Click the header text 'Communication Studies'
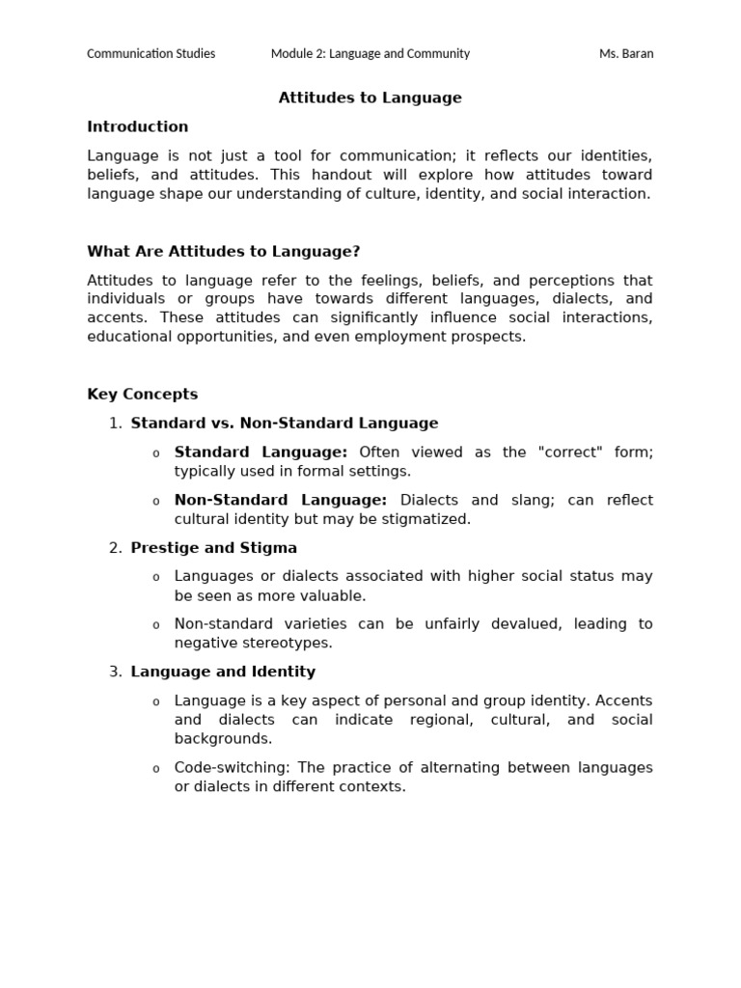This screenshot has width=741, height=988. [x=151, y=54]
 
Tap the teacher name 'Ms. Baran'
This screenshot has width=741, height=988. [x=626, y=54]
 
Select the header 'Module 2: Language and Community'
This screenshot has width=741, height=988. [x=370, y=54]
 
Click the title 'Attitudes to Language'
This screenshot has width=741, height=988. [x=370, y=97]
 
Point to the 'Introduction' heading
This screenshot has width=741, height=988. [x=138, y=126]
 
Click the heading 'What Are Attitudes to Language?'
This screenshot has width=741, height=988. [x=224, y=252]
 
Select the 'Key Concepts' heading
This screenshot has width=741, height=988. [x=143, y=394]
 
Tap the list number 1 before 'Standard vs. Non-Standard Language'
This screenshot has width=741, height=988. [x=115, y=423]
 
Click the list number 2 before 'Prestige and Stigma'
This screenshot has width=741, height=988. [x=115, y=548]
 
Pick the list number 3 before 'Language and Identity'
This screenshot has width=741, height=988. [x=115, y=672]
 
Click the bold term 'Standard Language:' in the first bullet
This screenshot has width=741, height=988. [x=261, y=452]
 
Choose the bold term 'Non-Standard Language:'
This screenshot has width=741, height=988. [x=280, y=500]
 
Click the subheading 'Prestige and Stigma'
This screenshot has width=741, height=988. [x=214, y=548]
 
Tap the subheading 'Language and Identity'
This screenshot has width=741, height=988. [x=223, y=672]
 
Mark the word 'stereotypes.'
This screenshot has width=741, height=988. [x=290, y=643]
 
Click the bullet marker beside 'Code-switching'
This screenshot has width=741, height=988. [x=155, y=769]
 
